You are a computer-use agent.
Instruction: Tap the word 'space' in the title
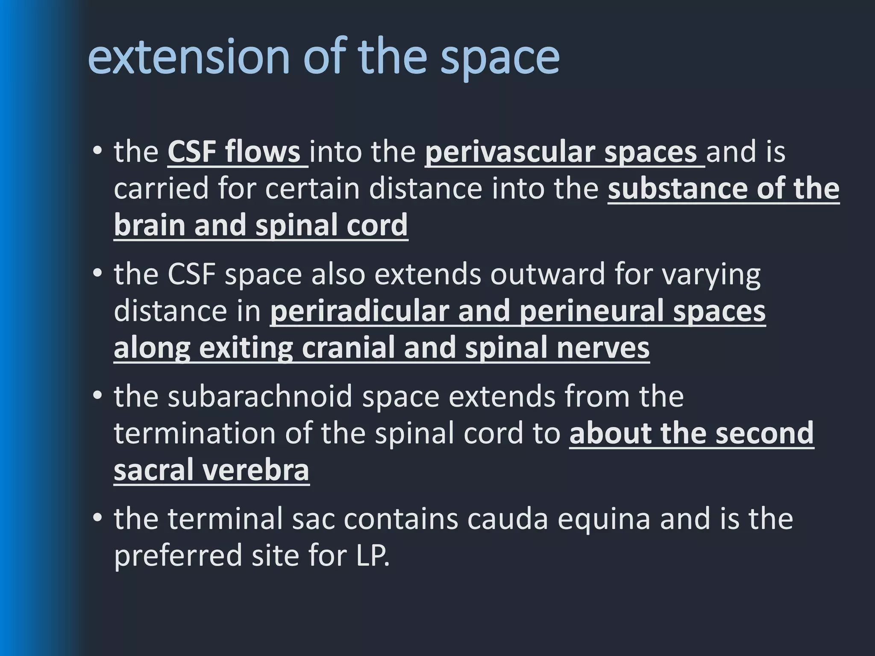click(x=500, y=58)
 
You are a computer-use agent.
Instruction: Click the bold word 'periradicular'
click(x=359, y=311)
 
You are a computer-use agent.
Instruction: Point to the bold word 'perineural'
click(x=591, y=312)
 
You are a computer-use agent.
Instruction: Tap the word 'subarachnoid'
click(x=260, y=396)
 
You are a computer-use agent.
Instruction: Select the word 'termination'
click(x=195, y=433)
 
